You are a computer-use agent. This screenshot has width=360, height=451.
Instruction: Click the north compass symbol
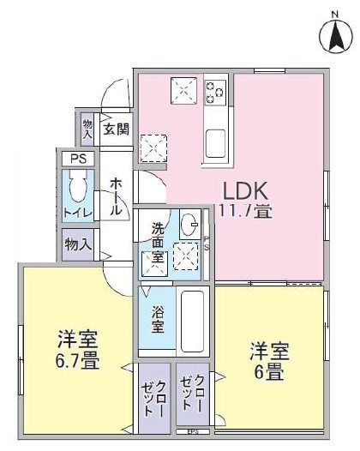335,33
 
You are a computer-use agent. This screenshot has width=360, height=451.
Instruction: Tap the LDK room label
246,189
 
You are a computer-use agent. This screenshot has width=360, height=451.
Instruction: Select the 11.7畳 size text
246,210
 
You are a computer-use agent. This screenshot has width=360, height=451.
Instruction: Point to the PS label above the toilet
77,159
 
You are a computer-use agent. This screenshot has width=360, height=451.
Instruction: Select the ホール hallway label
117,196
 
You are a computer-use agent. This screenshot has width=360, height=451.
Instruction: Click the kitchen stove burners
215,89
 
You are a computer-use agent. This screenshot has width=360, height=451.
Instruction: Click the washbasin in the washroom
188,226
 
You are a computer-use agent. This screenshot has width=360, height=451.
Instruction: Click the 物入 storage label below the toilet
78,244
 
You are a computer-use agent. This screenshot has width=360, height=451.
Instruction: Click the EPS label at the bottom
193,430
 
